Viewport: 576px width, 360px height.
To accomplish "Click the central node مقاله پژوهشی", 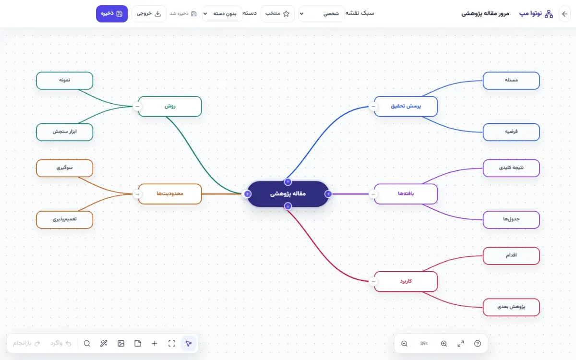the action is coord(288,194).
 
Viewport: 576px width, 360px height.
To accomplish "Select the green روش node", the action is coord(170,106).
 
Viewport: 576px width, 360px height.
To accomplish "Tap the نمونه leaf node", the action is coord(64,81).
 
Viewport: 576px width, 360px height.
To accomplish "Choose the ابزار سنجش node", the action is coord(64,132).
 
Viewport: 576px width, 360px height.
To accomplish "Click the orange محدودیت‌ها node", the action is coord(170,194).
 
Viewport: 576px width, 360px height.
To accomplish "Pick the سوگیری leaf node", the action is coord(64,168).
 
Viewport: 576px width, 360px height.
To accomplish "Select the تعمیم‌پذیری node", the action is coord(64,220).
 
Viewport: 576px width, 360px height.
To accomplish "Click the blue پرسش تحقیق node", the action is coord(406,106).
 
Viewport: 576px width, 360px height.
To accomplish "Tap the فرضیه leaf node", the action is coord(511,132).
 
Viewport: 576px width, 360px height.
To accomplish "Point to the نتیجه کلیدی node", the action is coord(511,168).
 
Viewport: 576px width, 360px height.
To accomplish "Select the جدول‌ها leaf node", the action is coord(511,220).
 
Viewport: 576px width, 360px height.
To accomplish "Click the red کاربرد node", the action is coord(406,281).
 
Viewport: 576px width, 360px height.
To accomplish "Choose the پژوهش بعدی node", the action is coord(511,307).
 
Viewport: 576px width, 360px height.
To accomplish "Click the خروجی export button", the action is coord(149,13).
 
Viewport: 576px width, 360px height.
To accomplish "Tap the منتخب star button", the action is coord(277,13).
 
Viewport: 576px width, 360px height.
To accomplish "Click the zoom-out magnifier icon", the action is coord(404,344).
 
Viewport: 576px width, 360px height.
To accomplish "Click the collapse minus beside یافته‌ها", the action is coord(373,194).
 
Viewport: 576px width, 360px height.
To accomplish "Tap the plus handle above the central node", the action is coord(288,182).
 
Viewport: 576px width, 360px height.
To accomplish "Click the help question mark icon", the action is coord(478,344).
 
